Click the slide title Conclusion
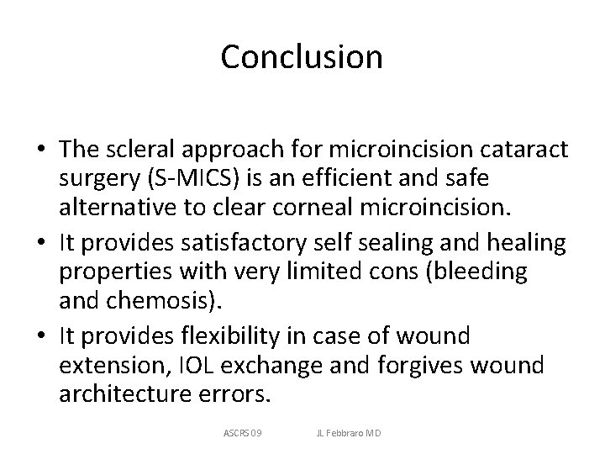302,57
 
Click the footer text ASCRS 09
243,433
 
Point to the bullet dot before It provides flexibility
40,337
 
